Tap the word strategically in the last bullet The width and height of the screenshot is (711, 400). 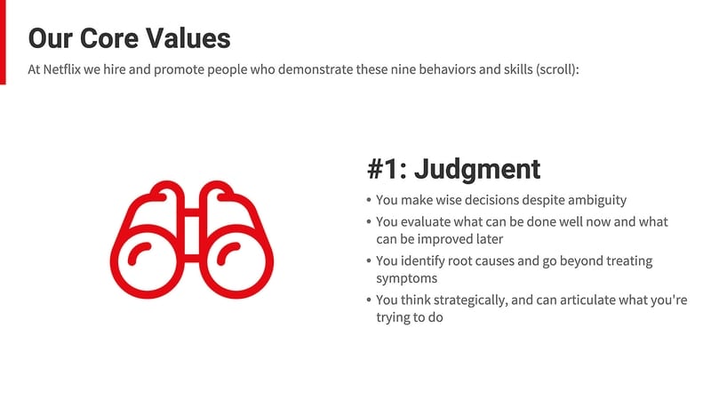point(458,300)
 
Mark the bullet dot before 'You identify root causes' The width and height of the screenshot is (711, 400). point(369,261)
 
